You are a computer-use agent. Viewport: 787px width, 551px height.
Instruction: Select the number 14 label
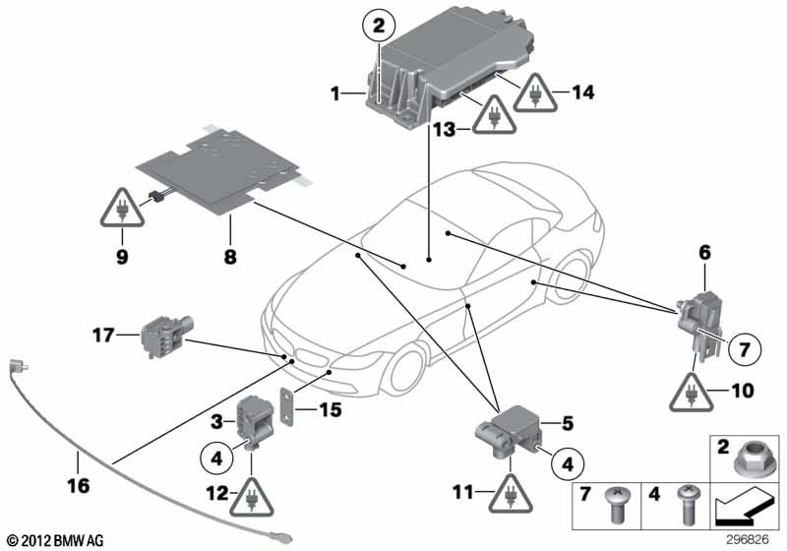tap(584, 93)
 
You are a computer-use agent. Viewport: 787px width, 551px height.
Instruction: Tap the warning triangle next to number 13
tap(489, 117)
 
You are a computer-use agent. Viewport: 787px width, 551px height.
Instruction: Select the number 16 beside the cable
tap(78, 457)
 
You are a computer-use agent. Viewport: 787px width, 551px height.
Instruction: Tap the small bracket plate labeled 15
tap(288, 408)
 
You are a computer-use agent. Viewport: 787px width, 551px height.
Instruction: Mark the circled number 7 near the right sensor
tap(744, 347)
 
